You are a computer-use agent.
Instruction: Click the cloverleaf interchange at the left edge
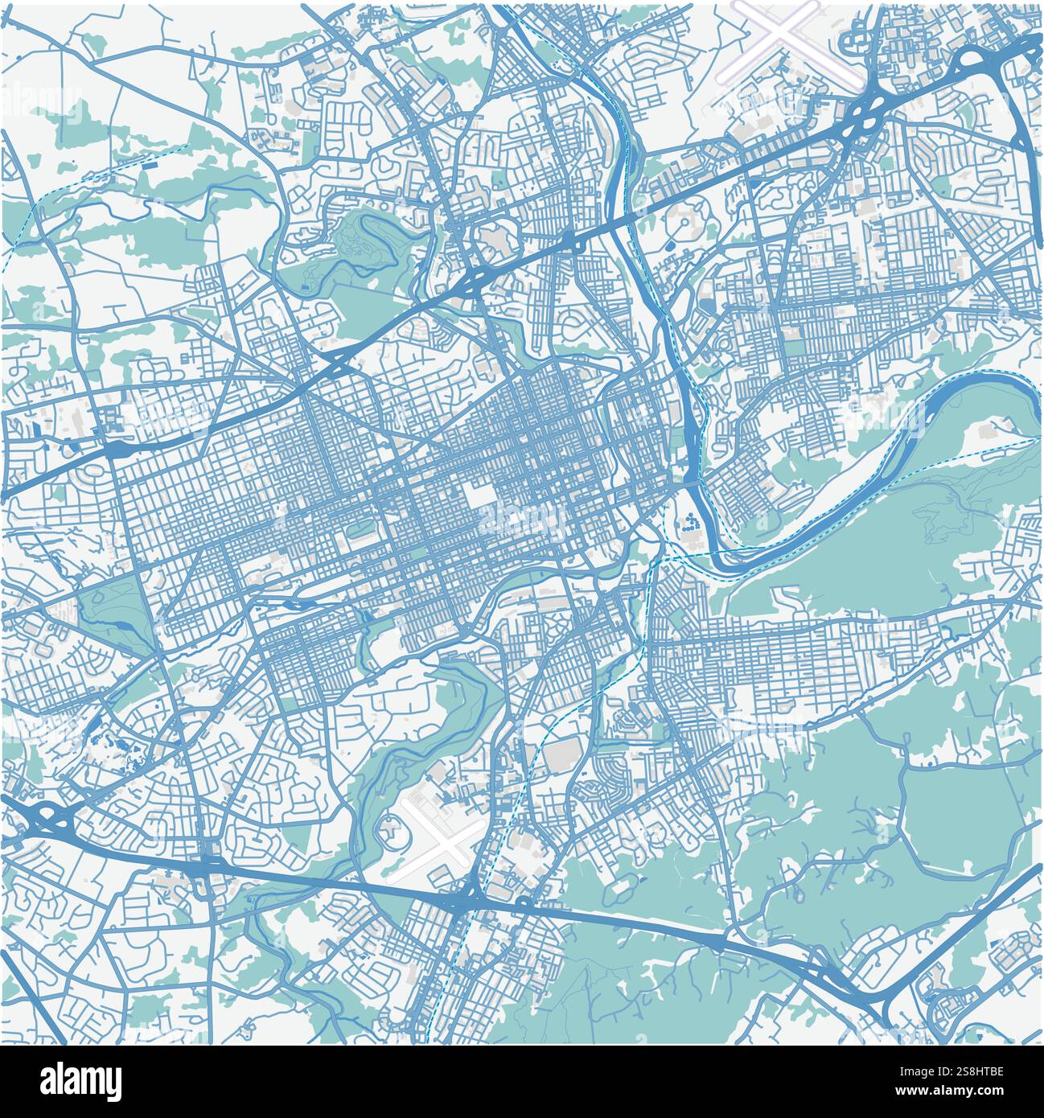pyautogui.click(x=48, y=820)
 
